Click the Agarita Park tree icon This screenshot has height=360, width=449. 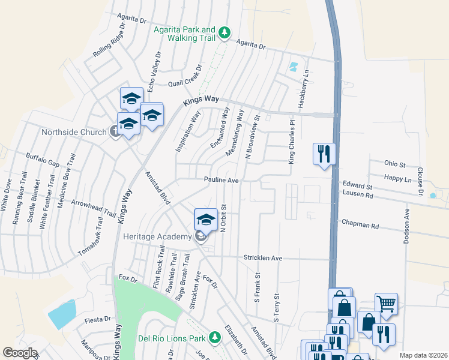(x=224, y=32)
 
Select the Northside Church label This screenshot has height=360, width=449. (x=73, y=132)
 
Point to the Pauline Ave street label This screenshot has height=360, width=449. (x=221, y=179)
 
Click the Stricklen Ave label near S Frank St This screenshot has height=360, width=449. (x=262, y=257)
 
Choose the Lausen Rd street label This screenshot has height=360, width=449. (x=358, y=195)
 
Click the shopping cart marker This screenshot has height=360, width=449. (x=386, y=304)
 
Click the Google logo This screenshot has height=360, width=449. (x=20, y=352)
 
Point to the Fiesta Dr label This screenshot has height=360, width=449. (x=98, y=319)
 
